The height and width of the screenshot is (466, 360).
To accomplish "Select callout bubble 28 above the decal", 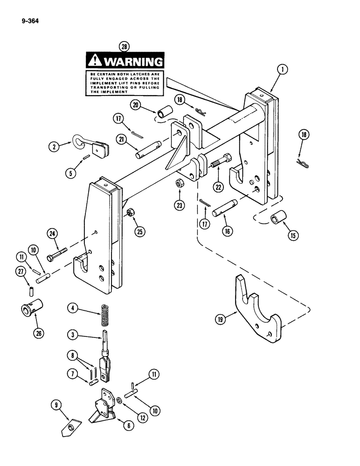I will tap(124, 46).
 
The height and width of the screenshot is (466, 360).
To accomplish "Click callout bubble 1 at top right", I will tap(282, 70).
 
